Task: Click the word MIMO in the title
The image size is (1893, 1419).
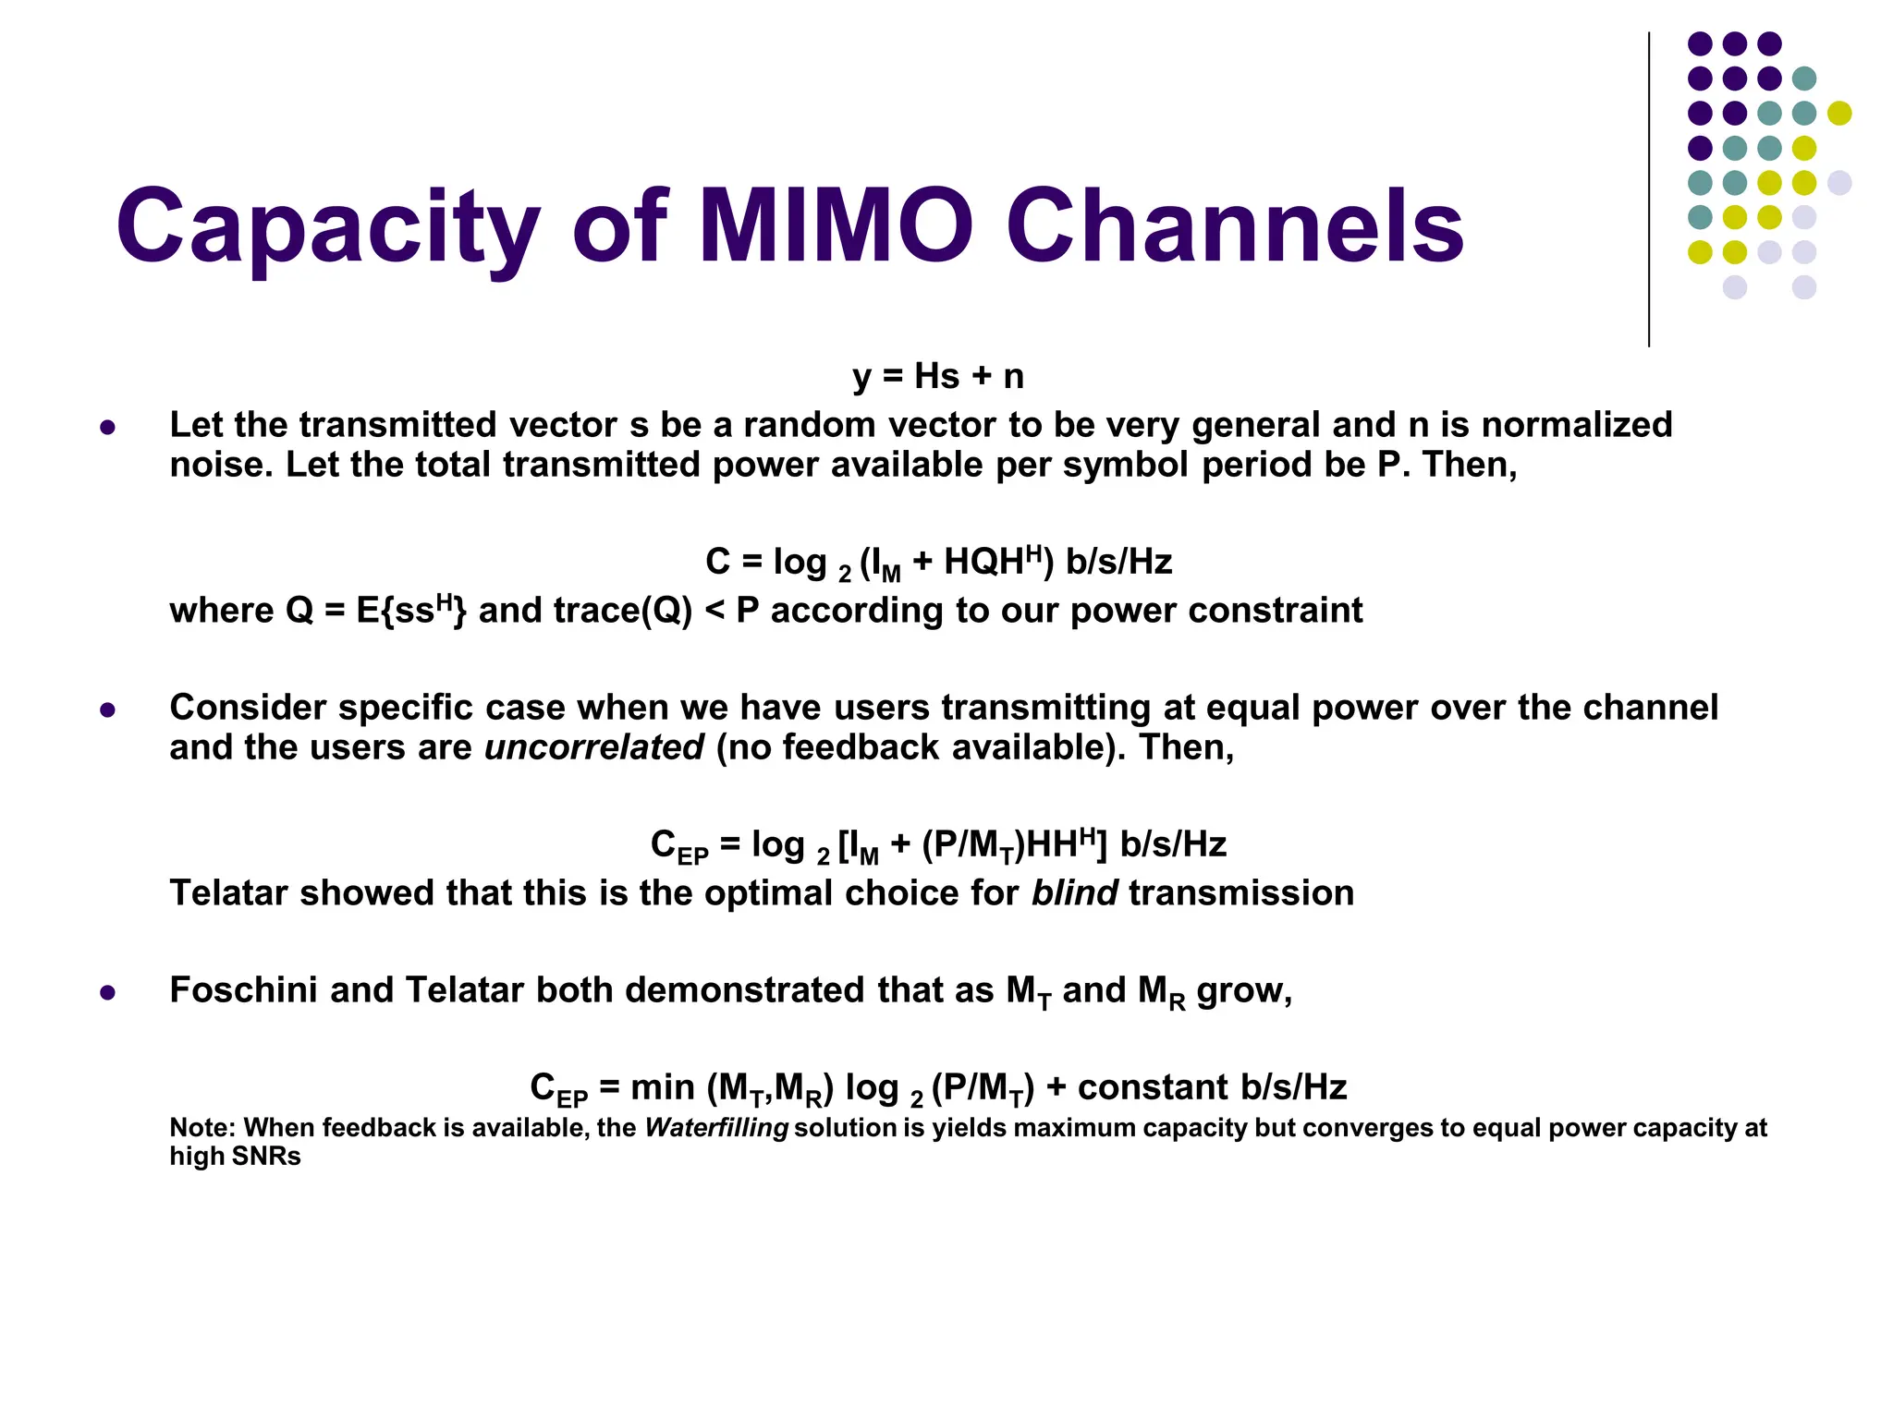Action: click(x=836, y=226)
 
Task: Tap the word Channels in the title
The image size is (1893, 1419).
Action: click(x=1235, y=226)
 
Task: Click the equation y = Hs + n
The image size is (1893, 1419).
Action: click(x=937, y=376)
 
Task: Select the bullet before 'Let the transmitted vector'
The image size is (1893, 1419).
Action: click(x=108, y=428)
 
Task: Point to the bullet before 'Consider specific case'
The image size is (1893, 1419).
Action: click(x=108, y=710)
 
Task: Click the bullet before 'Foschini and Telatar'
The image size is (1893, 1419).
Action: click(x=108, y=993)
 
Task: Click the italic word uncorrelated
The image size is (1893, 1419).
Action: click(x=593, y=747)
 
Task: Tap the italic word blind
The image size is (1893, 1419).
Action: click(x=1073, y=893)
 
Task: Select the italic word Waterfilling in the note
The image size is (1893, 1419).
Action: click(x=716, y=1128)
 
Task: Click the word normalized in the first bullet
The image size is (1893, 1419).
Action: click(x=1577, y=425)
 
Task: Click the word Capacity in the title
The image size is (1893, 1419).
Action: click(x=328, y=226)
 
